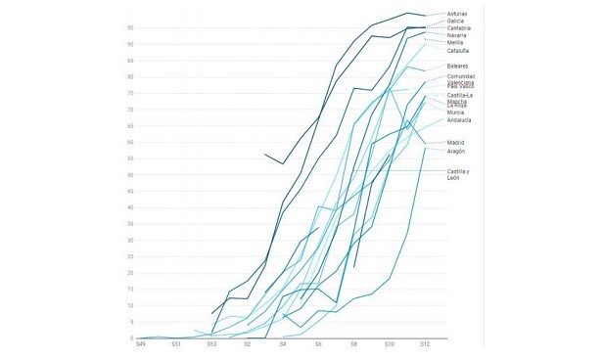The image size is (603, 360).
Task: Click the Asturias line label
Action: tap(458, 14)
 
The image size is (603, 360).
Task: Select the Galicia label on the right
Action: tap(456, 21)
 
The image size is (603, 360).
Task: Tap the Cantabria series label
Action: tap(459, 28)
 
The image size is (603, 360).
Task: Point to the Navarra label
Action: tap(457, 36)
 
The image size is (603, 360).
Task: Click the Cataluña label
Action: tap(459, 51)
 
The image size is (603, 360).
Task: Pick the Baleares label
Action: tap(458, 66)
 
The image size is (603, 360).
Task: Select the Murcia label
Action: tap(456, 112)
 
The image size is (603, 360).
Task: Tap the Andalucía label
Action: tap(459, 120)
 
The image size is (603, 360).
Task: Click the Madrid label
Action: tap(456, 143)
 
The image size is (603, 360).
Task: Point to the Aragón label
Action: tap(456, 151)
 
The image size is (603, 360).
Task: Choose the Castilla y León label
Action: tap(458, 174)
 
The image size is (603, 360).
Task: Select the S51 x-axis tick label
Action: tap(176, 345)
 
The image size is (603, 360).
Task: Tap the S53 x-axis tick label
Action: tap(211, 345)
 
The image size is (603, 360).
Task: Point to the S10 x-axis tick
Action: tap(390, 345)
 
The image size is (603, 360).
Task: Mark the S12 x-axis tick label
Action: tap(425, 345)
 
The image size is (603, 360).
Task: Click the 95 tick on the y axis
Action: tap(129, 27)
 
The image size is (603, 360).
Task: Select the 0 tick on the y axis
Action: tap(131, 337)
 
